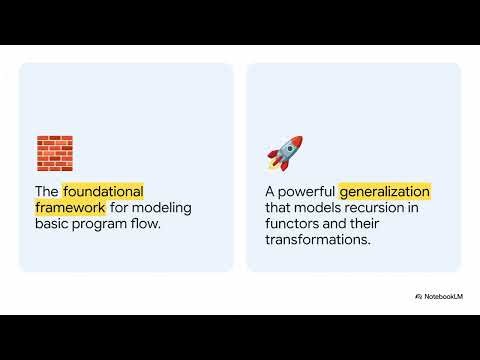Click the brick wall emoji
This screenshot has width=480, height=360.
(x=55, y=153)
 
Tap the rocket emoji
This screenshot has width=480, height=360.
(x=284, y=153)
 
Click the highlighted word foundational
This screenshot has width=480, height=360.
(x=104, y=191)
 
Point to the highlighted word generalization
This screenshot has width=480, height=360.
(x=385, y=191)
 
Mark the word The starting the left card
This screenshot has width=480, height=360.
(x=47, y=191)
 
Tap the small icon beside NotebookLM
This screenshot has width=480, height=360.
(x=417, y=297)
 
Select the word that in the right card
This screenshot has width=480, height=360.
(x=282, y=208)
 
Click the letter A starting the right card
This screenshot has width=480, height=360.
(x=271, y=191)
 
